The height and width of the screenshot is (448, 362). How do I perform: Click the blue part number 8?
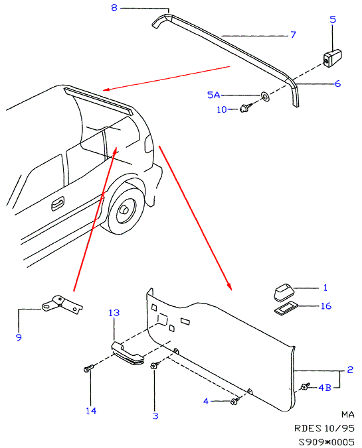point(114,7)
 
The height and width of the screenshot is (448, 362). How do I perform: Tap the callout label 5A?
point(213,95)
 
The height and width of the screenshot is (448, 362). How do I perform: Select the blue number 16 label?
point(326,306)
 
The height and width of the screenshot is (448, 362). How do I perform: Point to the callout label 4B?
point(325,388)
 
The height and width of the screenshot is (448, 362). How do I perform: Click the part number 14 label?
point(91,411)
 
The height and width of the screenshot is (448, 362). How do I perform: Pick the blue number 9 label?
point(19,337)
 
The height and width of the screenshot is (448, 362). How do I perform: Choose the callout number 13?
point(114,313)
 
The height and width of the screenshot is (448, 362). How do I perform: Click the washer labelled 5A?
point(264,96)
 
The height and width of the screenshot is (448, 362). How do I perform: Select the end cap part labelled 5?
point(332,58)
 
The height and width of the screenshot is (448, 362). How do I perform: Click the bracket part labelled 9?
point(62,305)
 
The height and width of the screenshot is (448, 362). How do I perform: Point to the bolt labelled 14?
point(88,368)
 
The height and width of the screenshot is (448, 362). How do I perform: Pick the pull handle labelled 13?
point(128,353)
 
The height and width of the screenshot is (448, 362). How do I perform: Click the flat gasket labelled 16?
point(286,309)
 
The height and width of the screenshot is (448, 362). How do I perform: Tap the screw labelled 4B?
point(305,386)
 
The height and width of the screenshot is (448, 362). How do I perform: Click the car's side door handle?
point(58,203)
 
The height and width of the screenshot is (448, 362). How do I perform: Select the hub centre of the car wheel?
point(126,210)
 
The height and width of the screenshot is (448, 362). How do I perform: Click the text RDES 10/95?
point(325,428)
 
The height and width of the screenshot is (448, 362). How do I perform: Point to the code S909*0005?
point(326,442)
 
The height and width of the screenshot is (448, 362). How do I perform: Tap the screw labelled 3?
point(155,365)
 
